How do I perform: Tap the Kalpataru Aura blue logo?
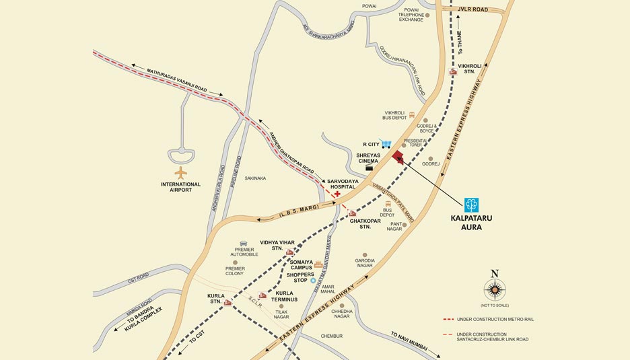(x=472, y=204)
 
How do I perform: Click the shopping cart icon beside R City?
(x=386, y=143)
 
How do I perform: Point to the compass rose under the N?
(x=495, y=290)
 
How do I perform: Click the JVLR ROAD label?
(x=473, y=10)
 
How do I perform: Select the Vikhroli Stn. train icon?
(x=453, y=72)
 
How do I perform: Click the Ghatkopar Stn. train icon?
(x=352, y=213)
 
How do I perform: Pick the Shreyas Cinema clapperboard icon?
(x=369, y=168)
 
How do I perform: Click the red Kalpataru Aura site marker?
(x=398, y=158)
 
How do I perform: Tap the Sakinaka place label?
(x=255, y=178)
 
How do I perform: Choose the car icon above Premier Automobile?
(x=244, y=243)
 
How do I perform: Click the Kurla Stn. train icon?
(x=228, y=302)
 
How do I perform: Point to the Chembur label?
(x=331, y=336)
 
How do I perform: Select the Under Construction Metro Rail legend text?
(x=495, y=319)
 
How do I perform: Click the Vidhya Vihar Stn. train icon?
(x=289, y=253)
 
